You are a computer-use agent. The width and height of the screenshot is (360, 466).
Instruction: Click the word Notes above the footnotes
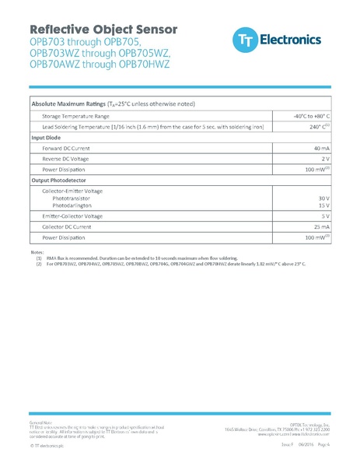[x=37, y=252]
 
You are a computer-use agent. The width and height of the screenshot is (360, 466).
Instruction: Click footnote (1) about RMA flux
[x=140, y=258]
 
